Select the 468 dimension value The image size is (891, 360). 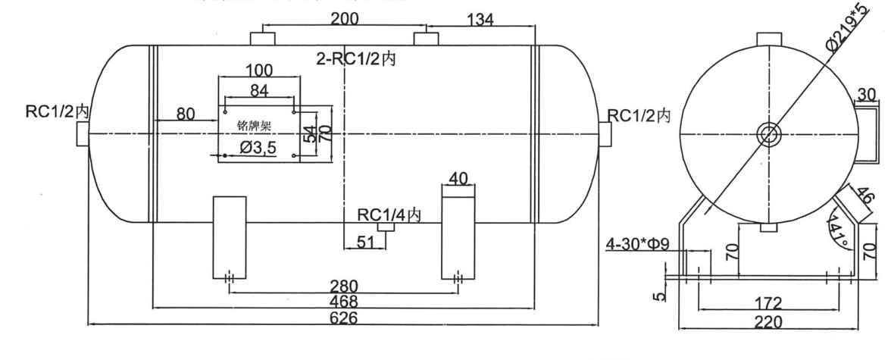[344, 302]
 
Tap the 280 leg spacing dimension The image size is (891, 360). [344, 286]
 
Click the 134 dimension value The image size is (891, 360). [478, 19]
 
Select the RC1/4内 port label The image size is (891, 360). [389, 214]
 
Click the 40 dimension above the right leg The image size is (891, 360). [458, 177]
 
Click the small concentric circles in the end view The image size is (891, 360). [768, 135]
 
